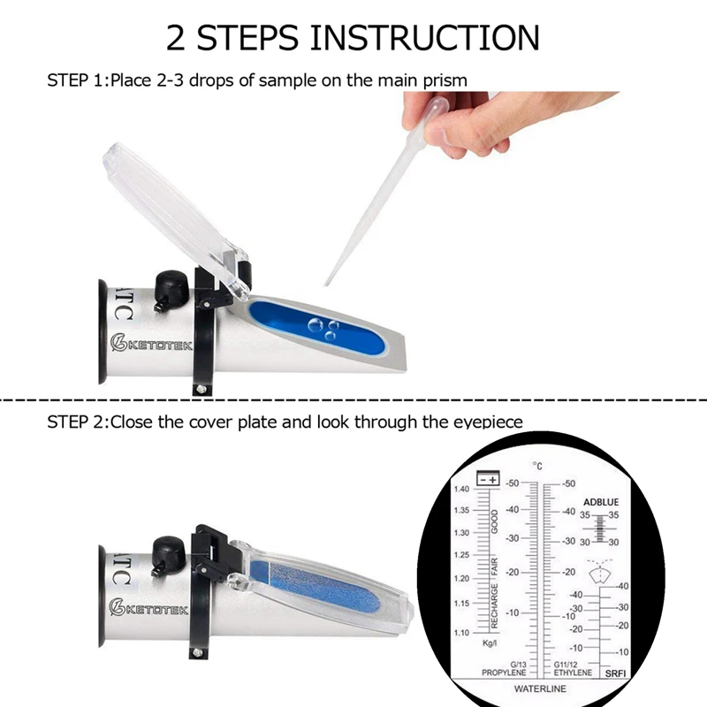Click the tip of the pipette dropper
(328, 282)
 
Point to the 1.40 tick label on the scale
(461, 489)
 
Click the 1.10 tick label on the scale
(461, 633)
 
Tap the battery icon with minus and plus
(488, 478)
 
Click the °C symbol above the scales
(536, 465)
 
